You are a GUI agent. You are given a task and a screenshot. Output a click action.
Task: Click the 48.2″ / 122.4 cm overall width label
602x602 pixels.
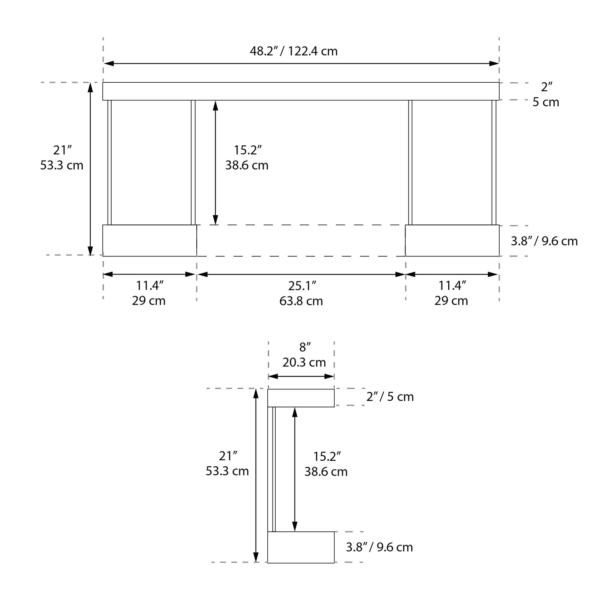coord(294,51)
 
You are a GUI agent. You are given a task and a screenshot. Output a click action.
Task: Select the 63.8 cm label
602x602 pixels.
coord(301,301)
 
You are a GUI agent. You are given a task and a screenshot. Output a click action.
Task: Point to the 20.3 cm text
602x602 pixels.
coord(304,362)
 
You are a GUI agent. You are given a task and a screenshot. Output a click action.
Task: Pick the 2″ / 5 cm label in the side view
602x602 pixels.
coord(390,397)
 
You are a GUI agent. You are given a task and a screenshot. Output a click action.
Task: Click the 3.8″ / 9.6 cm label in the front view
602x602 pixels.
coord(544,241)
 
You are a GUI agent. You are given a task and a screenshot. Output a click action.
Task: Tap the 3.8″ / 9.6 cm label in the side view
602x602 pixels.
coord(379,547)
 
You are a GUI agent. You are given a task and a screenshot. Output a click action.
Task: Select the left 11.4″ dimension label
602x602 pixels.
coord(150,286)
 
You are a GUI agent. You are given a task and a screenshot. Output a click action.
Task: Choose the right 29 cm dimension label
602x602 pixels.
coord(451,301)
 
